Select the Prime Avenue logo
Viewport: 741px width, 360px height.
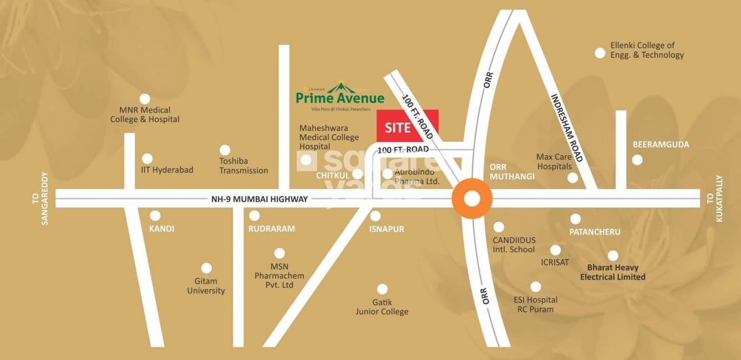(x=339, y=94)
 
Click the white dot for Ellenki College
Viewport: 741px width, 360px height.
(x=600, y=53)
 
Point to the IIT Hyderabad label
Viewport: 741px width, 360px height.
(x=168, y=170)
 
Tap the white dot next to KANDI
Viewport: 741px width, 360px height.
(x=155, y=216)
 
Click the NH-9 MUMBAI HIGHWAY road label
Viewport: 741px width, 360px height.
(x=259, y=199)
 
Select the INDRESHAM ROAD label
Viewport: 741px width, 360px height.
(x=566, y=128)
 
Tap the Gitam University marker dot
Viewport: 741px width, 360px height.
(x=206, y=268)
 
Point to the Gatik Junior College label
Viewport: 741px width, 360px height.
(x=382, y=307)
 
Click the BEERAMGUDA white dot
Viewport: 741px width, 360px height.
(x=637, y=160)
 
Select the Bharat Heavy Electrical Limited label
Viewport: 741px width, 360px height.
(x=612, y=272)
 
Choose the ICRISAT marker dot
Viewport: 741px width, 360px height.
(x=555, y=250)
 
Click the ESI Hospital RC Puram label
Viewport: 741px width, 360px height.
(x=535, y=304)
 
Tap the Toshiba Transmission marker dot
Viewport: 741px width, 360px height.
(x=225, y=150)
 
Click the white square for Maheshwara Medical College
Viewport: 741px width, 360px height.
(x=305, y=161)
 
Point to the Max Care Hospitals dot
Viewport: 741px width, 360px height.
(x=572, y=178)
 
